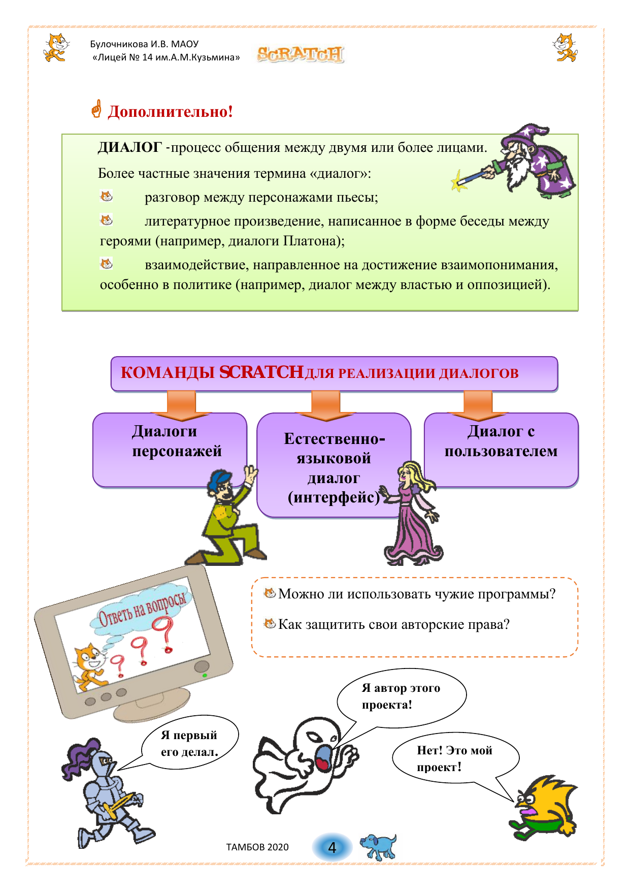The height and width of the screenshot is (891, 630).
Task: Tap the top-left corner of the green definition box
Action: pos(62,134)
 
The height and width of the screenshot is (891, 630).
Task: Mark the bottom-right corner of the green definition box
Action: pos(578,310)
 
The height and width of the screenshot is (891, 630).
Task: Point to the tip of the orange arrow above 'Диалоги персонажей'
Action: pos(181,421)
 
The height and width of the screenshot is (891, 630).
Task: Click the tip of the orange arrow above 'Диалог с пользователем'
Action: pos(478,421)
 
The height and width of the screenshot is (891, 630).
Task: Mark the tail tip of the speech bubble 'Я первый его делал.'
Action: pos(118,771)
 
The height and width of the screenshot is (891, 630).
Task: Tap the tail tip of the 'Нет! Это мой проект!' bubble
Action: pos(514,802)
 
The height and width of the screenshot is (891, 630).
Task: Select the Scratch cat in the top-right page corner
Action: pos(565,47)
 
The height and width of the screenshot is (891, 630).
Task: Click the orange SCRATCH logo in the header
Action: pos(301,54)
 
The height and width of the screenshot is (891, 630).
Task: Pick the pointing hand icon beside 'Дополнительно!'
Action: pos(96,109)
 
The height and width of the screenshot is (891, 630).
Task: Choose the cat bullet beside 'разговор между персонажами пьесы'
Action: pos(106,196)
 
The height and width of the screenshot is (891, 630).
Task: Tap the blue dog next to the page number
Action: pos(378,847)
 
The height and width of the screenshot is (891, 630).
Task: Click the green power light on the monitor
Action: pos(205,676)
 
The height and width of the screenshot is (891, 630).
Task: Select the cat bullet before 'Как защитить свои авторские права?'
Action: pos(270,623)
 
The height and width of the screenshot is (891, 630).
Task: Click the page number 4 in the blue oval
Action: pos(333,847)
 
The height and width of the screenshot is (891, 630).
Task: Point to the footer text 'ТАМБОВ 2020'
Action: pos(257,847)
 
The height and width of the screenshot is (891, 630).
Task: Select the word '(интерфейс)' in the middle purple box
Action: pos(334,497)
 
